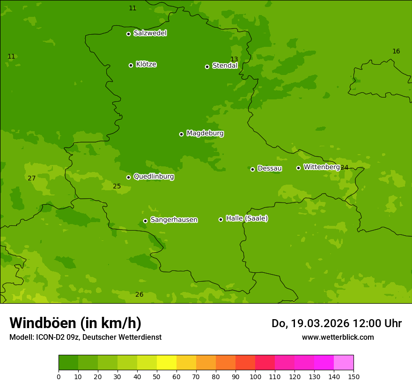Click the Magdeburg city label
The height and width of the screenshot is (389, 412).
coord(205,134)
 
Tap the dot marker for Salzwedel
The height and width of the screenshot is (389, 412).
coord(128,34)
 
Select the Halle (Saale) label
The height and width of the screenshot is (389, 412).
coord(247,218)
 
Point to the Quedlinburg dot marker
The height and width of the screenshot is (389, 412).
coord(128,177)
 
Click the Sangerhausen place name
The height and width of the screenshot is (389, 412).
coord(174,220)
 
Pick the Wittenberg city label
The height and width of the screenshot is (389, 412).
coord(321,167)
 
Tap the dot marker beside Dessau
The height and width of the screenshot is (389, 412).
coord(252,169)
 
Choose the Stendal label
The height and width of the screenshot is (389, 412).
coord(225,66)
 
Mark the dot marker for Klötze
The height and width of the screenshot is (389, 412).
coord(131,65)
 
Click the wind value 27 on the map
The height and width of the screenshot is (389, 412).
coord(31,178)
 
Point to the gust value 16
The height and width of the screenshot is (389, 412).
coord(396,51)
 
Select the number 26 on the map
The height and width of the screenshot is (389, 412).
coord(139,294)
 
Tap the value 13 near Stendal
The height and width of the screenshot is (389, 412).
coord(234,59)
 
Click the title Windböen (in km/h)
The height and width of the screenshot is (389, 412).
coord(75,323)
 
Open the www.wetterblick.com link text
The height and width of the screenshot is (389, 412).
coord(338,337)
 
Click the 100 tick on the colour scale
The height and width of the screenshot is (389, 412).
coord(255,376)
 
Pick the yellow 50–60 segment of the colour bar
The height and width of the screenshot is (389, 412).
coord(167,363)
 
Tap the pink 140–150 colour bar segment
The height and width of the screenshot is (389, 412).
coord(344,363)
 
